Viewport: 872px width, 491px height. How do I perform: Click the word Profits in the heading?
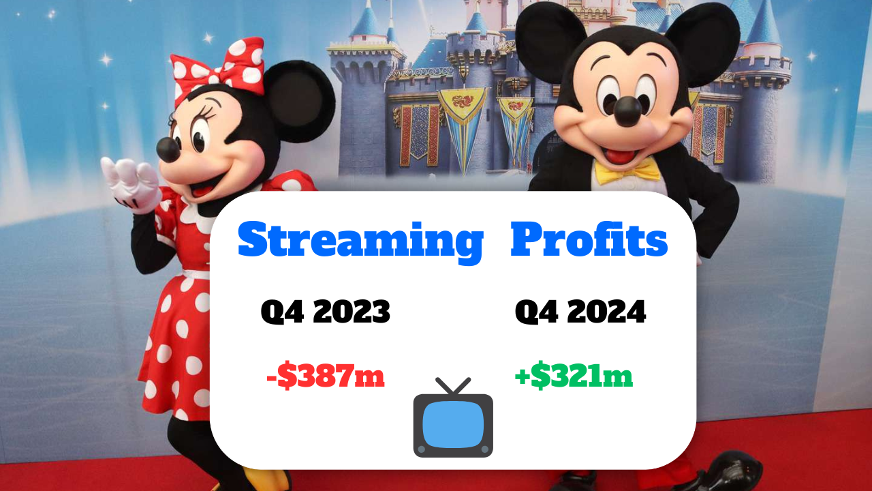click(x=589, y=238)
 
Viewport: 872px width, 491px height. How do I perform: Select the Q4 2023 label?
click(x=326, y=312)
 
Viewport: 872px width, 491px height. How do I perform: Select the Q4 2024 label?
click(x=580, y=312)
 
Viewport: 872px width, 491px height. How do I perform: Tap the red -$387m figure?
click(x=326, y=375)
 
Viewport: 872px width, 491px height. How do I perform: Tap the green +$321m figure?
click(x=574, y=375)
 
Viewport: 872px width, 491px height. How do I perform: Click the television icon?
click(x=453, y=417)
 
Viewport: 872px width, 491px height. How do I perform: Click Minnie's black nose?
click(x=168, y=149)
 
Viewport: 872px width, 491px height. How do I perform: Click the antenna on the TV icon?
click(x=453, y=386)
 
